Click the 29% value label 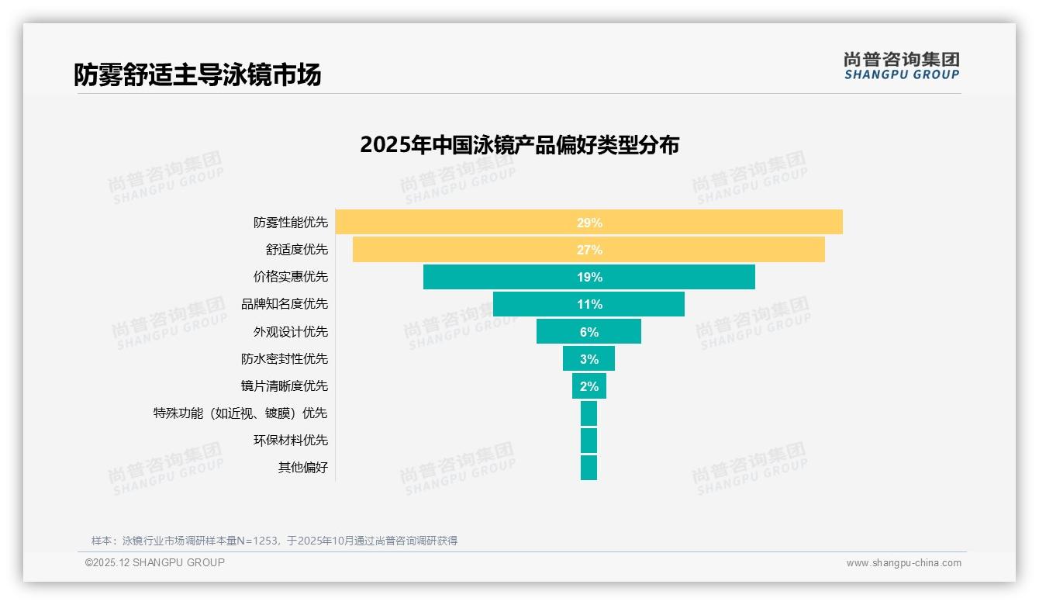[589, 223]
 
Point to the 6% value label [589, 332]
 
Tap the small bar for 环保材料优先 [589, 441]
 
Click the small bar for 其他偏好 [589, 468]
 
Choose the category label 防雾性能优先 [291, 223]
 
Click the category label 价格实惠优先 [291, 277]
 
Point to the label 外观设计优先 [291, 332]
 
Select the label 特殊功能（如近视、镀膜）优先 [240, 413]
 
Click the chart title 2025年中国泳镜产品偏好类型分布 [519, 145]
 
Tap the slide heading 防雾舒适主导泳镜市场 [197, 74]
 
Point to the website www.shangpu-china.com [903, 563]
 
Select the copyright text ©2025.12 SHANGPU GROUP [155, 562]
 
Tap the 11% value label [589, 304]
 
